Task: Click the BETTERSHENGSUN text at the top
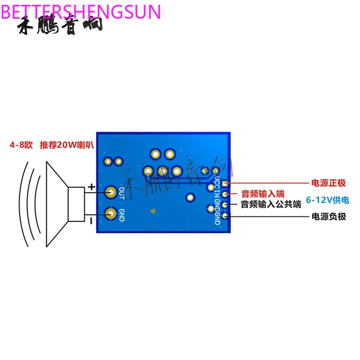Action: tap(81, 11)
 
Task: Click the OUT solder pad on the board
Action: tap(111, 192)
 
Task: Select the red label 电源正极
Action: tap(328, 183)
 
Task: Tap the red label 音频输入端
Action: tap(263, 194)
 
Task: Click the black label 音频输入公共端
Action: tap(271, 205)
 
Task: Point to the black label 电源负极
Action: tap(328, 216)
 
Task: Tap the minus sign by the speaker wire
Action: tap(91, 220)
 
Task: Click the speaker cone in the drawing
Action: tap(56, 204)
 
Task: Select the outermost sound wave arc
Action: tap(20, 204)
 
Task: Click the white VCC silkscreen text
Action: tap(217, 183)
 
